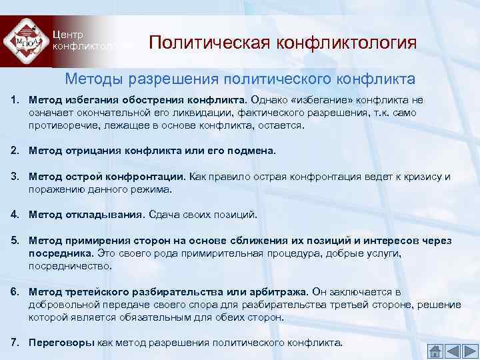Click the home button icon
(x=435, y=351)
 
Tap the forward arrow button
(x=469, y=351)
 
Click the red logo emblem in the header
(x=26, y=41)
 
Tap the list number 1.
(x=14, y=100)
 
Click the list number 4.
(x=14, y=215)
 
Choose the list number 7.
(x=14, y=343)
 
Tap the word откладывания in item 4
(x=103, y=215)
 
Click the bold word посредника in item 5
(x=61, y=253)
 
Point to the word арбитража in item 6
(x=275, y=292)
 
